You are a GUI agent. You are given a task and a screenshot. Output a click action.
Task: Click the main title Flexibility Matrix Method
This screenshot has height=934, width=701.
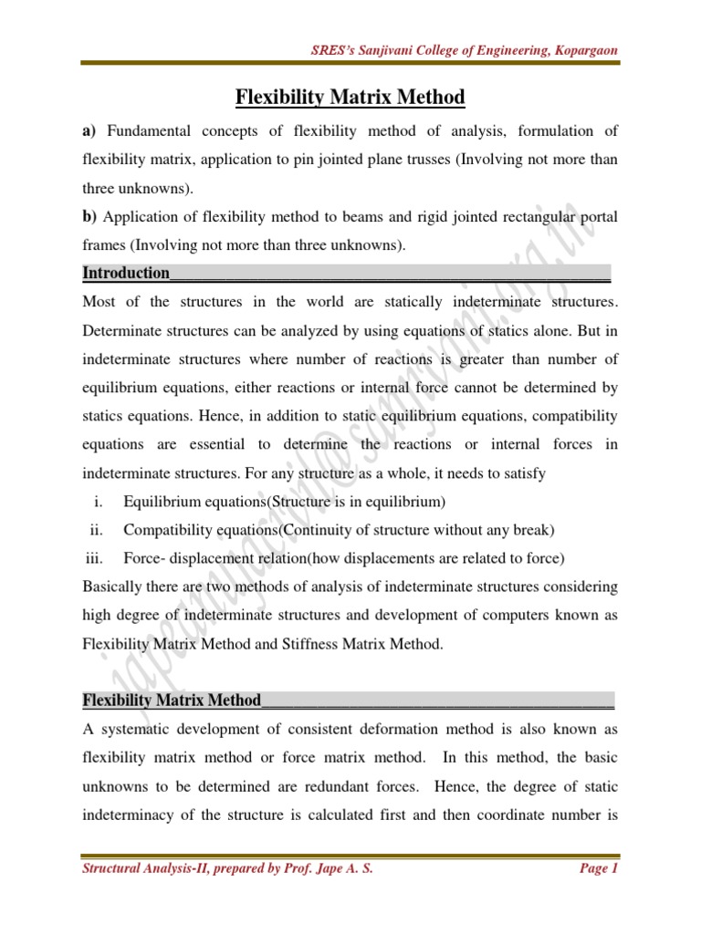350,97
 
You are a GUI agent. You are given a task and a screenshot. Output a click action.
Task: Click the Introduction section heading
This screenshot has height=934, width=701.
126,273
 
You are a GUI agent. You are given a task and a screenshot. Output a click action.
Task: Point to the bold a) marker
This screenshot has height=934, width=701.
89,131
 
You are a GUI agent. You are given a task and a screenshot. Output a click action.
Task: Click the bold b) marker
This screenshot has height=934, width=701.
89,216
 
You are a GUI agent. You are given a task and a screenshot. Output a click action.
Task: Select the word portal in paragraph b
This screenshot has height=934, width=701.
598,216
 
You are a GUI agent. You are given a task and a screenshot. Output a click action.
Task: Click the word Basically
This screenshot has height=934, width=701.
113,586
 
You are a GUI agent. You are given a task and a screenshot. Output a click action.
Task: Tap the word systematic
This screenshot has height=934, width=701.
137,729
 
